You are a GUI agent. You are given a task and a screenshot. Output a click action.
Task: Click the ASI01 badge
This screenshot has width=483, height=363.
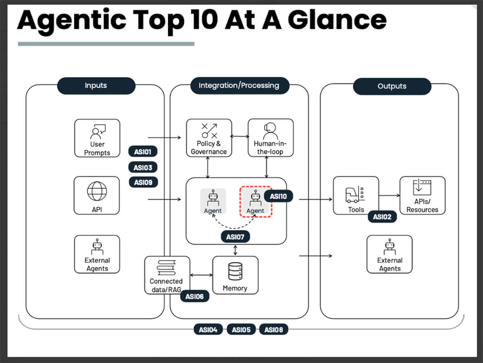[x=143, y=152]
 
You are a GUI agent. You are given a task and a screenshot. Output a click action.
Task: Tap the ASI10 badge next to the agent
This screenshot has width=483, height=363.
[x=279, y=196]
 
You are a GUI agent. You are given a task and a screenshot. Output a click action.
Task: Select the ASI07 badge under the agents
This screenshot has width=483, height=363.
[x=235, y=237]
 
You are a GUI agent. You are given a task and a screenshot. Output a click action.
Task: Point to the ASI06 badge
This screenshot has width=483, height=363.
[x=194, y=297]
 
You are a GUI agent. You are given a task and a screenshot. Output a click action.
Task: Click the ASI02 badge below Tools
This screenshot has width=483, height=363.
[x=382, y=217]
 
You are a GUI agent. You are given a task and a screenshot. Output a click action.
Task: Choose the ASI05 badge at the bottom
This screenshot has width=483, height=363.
[x=241, y=330]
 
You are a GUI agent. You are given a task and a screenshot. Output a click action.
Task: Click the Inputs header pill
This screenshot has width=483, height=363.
[x=96, y=86]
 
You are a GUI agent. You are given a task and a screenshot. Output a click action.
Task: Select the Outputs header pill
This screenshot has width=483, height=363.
[x=392, y=86]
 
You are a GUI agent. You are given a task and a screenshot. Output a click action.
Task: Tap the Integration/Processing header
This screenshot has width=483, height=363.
[x=239, y=85]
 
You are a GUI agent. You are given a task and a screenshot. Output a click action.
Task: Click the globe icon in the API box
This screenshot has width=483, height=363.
[x=97, y=191]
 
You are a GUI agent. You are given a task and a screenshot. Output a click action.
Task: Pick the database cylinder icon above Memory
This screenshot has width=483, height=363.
[x=235, y=271]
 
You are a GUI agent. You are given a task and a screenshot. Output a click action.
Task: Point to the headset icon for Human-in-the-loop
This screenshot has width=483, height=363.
[x=270, y=130]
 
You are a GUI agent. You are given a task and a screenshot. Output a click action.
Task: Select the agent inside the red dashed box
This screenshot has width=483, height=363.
[x=255, y=202]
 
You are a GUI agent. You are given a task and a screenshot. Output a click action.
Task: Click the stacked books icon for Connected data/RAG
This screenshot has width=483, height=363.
[x=166, y=268]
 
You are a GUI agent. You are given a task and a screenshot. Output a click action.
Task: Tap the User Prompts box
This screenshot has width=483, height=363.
[x=97, y=138]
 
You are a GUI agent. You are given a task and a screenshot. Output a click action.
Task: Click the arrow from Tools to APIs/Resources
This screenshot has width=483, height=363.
[x=389, y=196]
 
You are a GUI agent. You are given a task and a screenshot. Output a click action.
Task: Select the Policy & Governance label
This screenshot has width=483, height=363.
[x=208, y=148]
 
